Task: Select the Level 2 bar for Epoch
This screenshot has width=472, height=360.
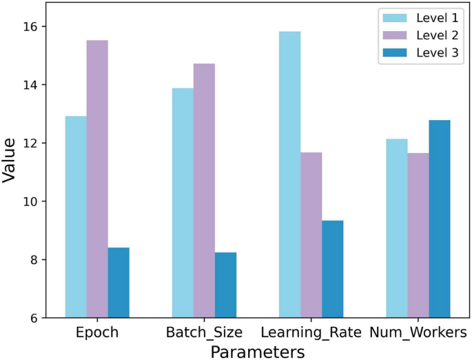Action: (x=97, y=179)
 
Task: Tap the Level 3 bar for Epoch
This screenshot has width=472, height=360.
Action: (x=119, y=283)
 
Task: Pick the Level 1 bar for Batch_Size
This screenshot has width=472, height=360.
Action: (x=183, y=203)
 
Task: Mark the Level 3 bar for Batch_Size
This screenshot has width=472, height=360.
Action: (x=225, y=285)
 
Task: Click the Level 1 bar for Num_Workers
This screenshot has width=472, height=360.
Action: (x=396, y=228)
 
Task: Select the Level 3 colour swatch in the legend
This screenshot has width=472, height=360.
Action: (x=397, y=52)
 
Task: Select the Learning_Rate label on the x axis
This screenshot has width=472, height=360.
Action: (x=311, y=333)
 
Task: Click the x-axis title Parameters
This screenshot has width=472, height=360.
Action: (x=258, y=351)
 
